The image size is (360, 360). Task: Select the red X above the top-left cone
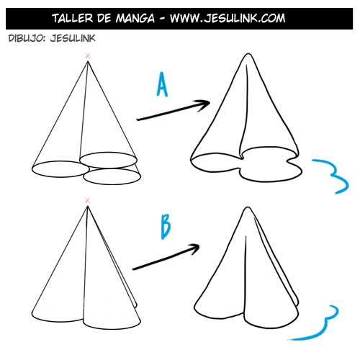(x=88, y=55)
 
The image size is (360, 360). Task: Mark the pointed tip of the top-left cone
(x=88, y=62)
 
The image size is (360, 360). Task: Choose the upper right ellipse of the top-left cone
(x=108, y=158)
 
